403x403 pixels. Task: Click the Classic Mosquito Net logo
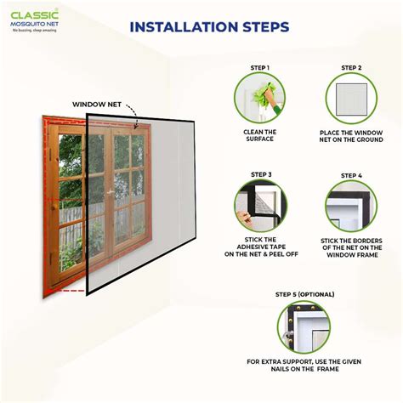point(34,20)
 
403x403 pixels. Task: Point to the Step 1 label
point(259,68)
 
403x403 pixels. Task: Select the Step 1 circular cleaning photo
point(259,98)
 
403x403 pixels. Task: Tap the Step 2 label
point(351,68)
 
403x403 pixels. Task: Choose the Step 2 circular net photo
point(351,98)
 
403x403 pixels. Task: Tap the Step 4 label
point(351,175)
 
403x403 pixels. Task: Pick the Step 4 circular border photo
point(351,206)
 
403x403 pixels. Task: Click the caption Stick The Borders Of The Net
point(351,247)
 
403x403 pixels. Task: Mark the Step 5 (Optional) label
point(304,294)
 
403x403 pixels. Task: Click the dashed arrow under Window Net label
point(133,111)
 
